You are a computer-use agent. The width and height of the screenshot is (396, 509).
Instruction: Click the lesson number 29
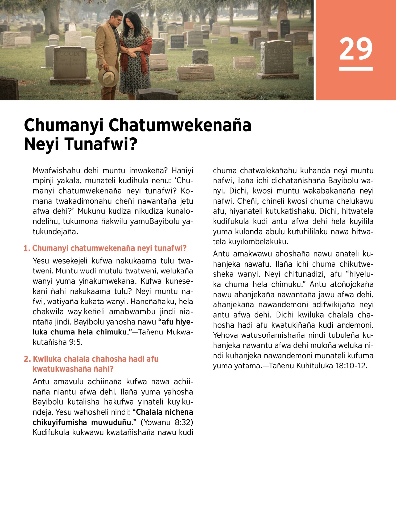point(355,49)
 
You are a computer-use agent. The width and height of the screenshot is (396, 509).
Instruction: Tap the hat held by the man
point(108,76)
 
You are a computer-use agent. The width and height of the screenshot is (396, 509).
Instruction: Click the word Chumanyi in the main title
point(63,125)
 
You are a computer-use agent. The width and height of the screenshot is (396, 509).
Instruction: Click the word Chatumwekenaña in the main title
point(180,125)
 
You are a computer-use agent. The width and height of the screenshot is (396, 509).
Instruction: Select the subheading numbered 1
point(105,248)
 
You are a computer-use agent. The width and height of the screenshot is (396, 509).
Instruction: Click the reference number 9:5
point(76,342)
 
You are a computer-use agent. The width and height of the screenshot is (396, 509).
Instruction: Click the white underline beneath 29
point(355,69)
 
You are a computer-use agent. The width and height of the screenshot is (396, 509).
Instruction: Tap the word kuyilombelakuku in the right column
point(250,242)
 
